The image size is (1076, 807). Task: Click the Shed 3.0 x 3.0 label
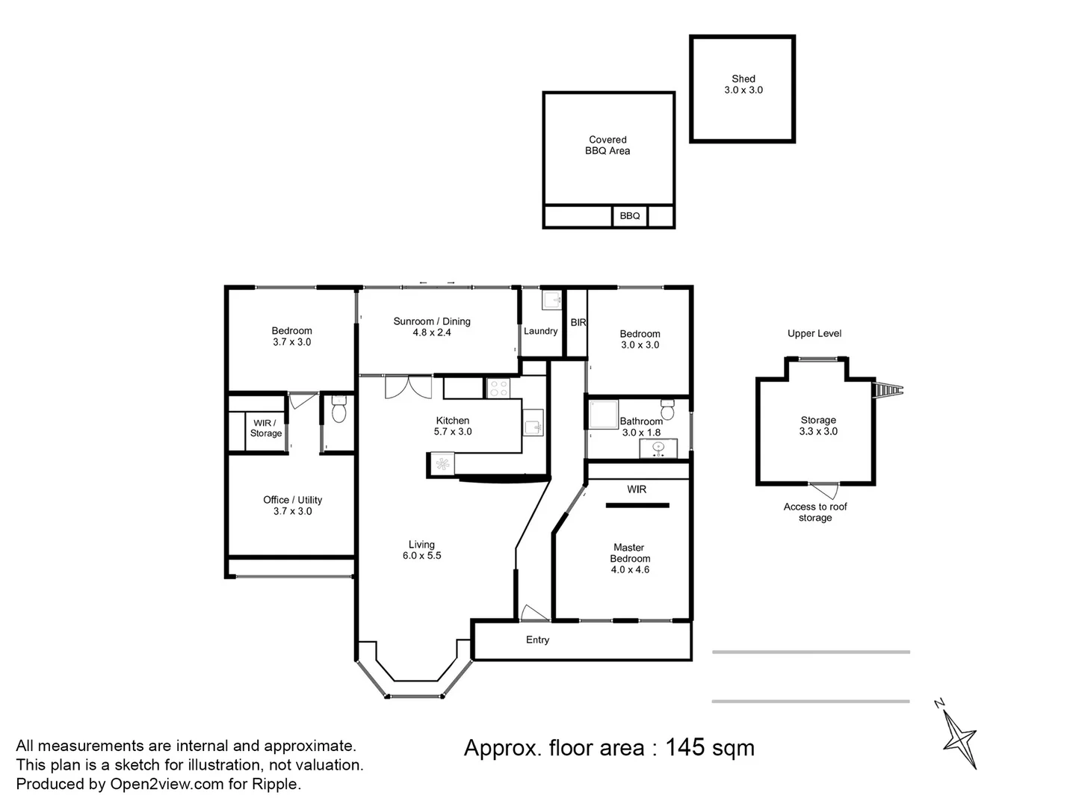[743, 84]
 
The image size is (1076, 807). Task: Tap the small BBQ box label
[629, 216]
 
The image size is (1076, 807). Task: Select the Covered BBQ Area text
[607, 145]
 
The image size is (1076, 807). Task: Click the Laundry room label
[540, 331]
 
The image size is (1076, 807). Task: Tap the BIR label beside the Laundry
[578, 322]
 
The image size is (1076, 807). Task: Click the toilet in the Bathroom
[667, 409]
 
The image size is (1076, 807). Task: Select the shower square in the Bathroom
[604, 414]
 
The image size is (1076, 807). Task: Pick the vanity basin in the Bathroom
[658, 448]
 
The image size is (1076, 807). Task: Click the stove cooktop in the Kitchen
[498, 389]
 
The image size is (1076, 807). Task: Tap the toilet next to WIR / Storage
[338, 409]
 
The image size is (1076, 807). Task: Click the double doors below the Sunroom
[408, 386]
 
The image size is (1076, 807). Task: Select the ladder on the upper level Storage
[888, 391]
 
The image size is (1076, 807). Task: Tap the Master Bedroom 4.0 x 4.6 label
[629, 558]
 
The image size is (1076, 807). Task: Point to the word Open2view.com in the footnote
[167, 784]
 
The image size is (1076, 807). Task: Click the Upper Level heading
[814, 334]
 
